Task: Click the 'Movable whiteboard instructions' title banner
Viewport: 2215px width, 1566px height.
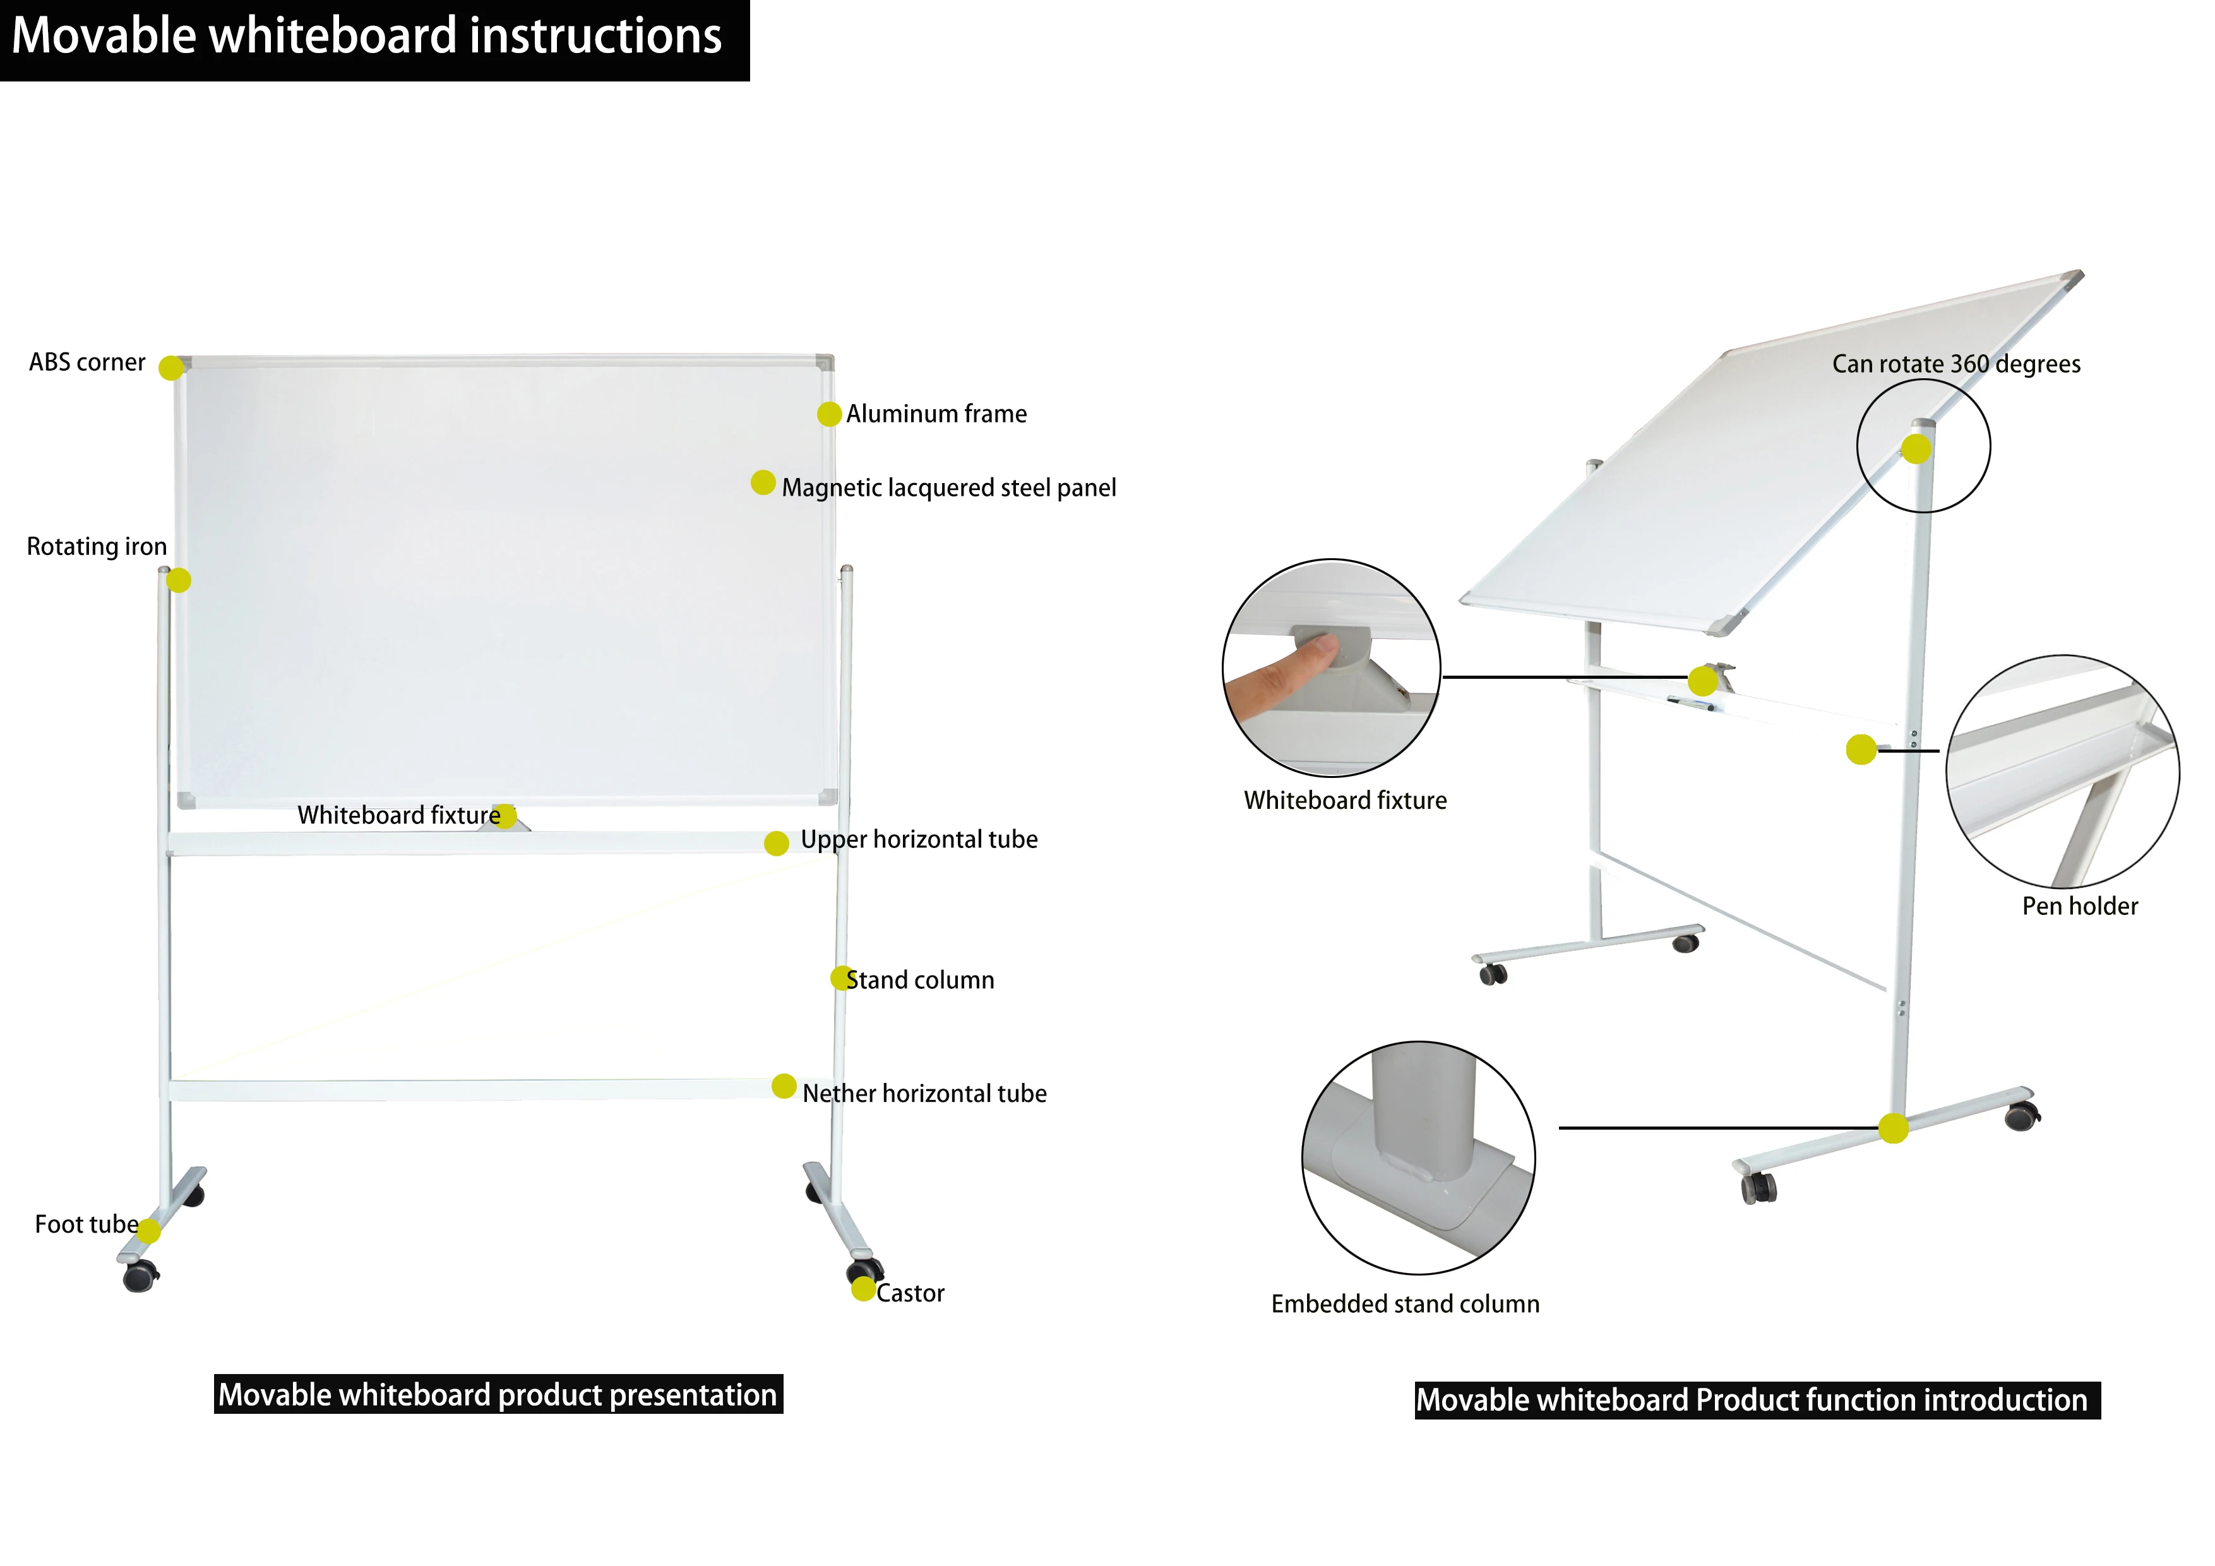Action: (x=367, y=37)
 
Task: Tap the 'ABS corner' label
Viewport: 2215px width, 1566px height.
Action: (x=87, y=363)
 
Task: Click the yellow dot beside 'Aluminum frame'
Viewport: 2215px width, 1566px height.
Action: (x=828, y=414)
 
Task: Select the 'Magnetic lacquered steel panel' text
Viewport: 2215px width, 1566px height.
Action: (x=948, y=488)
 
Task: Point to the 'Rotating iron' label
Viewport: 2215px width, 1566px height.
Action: (x=97, y=547)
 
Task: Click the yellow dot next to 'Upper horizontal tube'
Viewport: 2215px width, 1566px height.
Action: (x=777, y=844)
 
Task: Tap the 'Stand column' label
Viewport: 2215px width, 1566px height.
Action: (x=919, y=980)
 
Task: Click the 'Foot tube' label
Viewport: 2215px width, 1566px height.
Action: (x=86, y=1226)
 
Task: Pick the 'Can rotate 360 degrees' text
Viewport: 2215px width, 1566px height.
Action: (x=1955, y=365)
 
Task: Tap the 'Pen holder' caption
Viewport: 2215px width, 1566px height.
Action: (x=2079, y=907)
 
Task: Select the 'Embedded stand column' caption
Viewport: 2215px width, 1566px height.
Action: (x=1405, y=1305)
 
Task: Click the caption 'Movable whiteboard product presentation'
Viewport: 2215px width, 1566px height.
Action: (x=498, y=1396)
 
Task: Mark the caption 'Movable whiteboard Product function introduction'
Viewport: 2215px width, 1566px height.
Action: (x=1757, y=1400)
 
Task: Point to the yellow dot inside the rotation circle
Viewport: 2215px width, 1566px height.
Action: (x=1916, y=449)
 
